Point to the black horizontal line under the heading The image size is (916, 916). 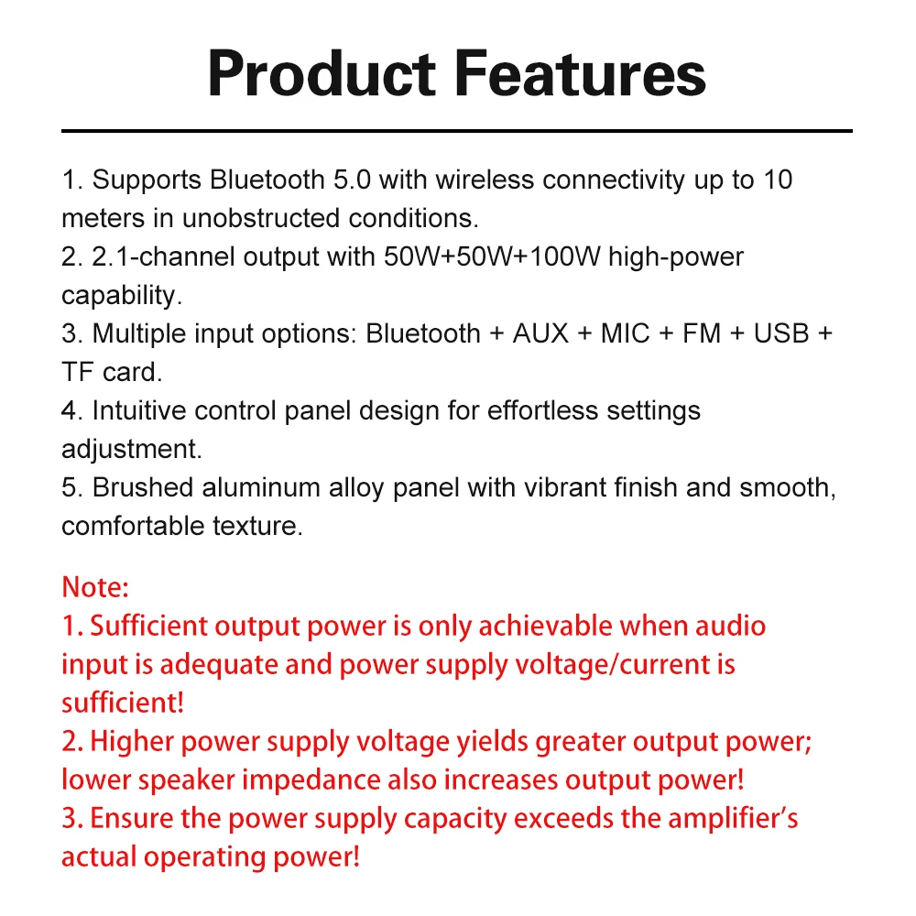457,131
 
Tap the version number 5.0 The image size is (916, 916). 352,180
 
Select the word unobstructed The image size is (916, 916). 260,219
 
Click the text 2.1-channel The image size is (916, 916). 163,257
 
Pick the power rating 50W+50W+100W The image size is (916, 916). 492,257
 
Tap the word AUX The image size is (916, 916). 540,334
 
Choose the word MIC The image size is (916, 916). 625,334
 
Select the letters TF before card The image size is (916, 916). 78,372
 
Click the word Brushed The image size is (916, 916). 143,488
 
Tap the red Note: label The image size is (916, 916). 95,587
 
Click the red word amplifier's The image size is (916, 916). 733,819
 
